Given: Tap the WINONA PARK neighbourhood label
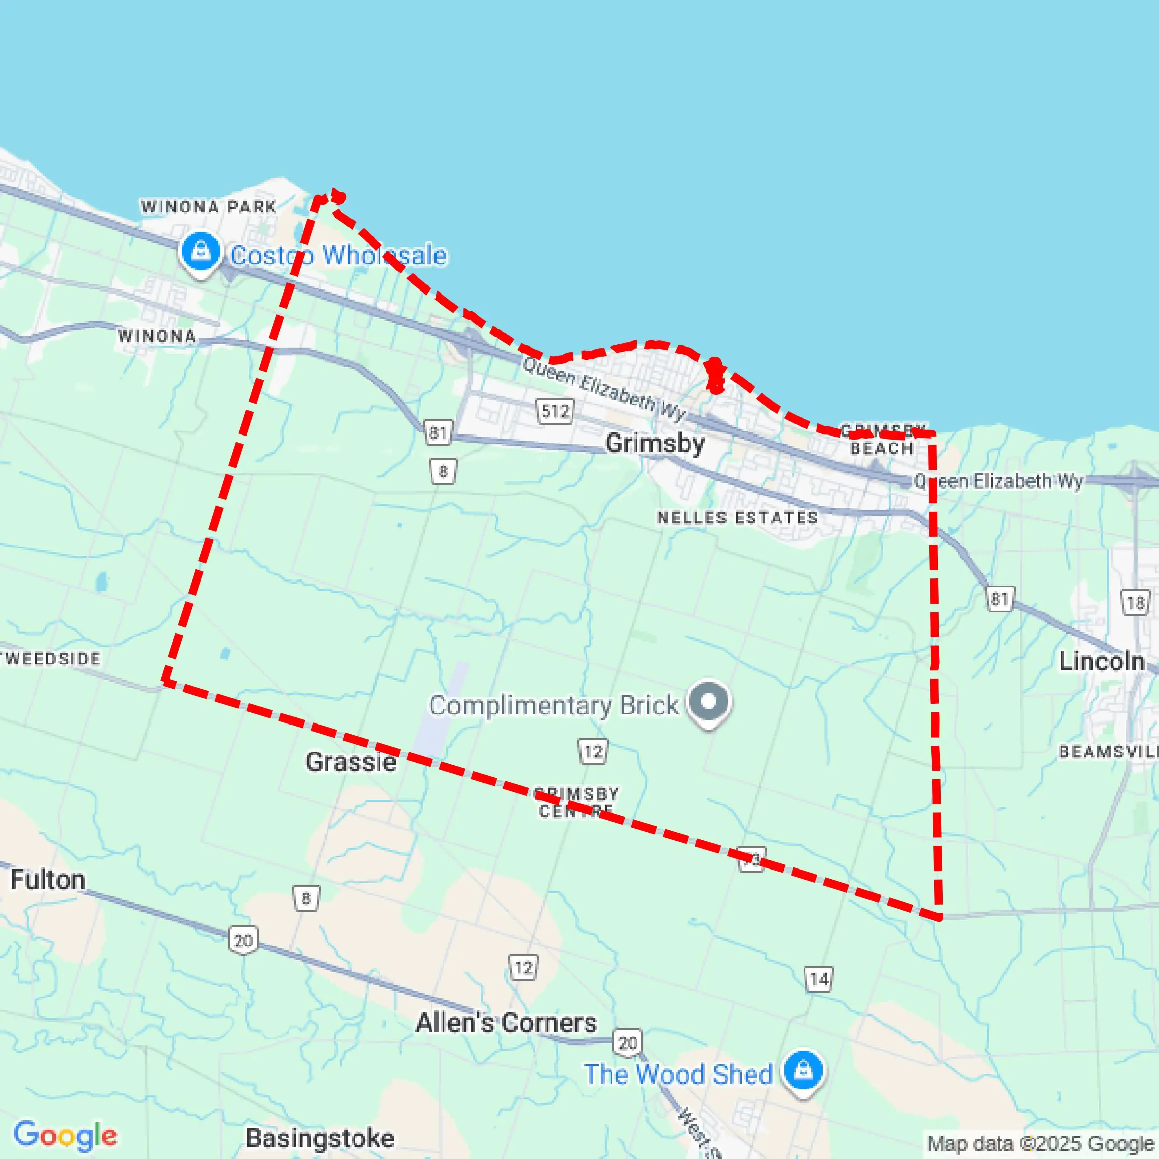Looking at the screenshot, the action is coord(209,206).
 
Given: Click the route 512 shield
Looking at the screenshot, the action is coord(555,411).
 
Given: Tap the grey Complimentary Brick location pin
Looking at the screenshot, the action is coord(709,702).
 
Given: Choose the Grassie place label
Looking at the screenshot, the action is coord(351,762).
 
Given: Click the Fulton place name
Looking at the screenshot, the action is coord(48,880).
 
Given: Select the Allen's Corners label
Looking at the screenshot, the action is coord(506,1022).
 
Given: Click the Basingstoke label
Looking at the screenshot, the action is coord(320,1138).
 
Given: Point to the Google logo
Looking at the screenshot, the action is coord(65,1135).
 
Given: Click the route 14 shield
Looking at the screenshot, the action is coord(819,979).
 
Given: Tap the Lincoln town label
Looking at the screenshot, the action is coord(1101,661).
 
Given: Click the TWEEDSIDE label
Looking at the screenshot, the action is coord(52,659).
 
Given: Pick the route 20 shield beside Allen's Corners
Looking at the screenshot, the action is coord(628,1043).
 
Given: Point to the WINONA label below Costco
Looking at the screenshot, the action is coord(157,336).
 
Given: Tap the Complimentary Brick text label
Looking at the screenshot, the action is coord(554,705).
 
